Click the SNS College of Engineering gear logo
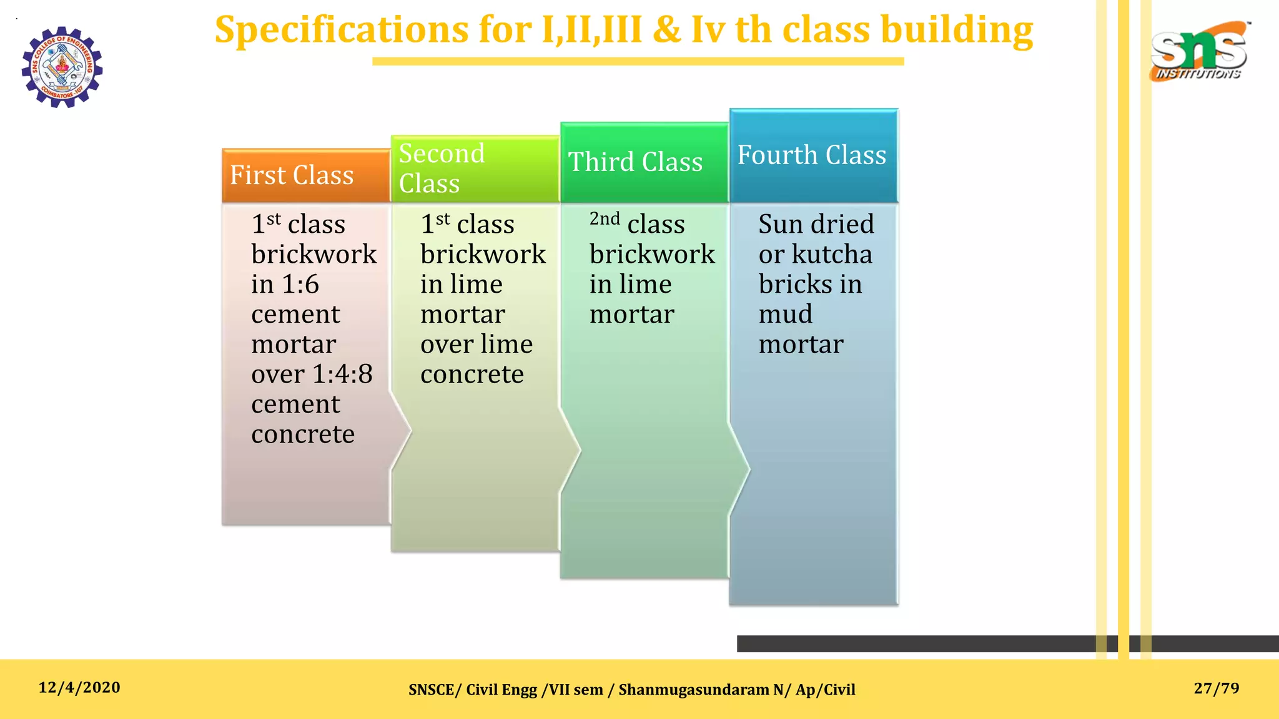[x=62, y=67]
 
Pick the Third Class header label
[x=635, y=162]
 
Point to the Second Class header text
[x=442, y=169]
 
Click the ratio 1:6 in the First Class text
[x=300, y=285]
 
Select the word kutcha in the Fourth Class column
[x=832, y=255]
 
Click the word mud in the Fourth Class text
[x=785, y=314]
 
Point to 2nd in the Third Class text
[x=605, y=219]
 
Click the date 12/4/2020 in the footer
[x=79, y=688]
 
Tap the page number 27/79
[x=1216, y=688]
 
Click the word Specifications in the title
[x=342, y=30]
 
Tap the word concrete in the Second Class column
[x=472, y=374]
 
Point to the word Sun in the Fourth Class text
[x=781, y=225]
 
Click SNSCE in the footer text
[x=431, y=690]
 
